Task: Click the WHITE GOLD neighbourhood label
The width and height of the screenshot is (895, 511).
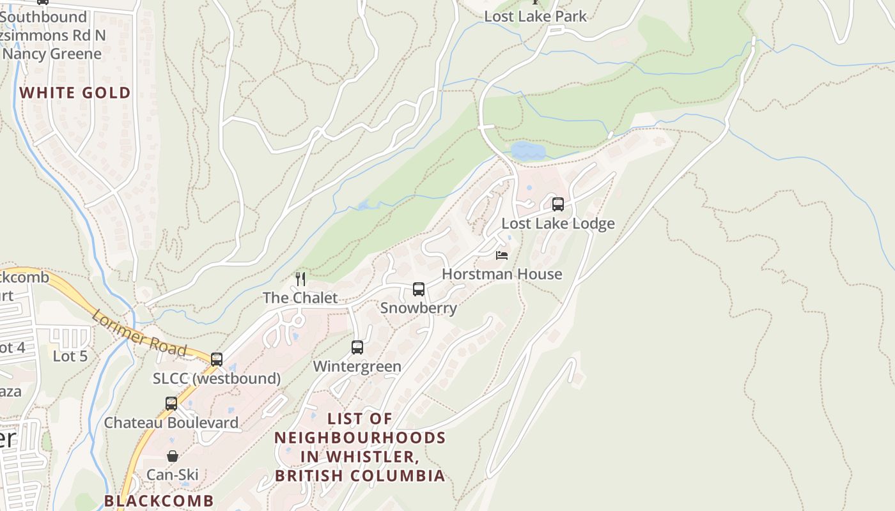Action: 75,93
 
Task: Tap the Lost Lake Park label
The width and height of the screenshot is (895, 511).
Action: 535,16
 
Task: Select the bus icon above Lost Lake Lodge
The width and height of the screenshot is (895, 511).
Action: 558,204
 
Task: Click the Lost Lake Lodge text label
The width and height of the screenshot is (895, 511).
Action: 558,224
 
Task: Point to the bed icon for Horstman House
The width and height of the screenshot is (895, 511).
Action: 502,256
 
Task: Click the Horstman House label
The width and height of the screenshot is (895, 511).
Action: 502,274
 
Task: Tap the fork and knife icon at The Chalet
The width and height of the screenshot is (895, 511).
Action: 300,279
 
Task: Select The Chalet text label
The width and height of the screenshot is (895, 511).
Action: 300,298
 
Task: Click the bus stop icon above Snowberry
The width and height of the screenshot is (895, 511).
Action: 419,289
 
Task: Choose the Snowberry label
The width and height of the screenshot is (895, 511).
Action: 419,308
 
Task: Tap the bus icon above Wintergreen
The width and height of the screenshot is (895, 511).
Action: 357,347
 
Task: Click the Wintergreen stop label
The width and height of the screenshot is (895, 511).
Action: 357,367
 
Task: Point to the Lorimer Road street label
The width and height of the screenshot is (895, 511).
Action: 139,334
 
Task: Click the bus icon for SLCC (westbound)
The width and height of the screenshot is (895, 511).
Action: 217,360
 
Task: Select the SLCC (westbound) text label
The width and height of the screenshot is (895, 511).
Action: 217,379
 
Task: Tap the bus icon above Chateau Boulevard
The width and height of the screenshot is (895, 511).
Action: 171,404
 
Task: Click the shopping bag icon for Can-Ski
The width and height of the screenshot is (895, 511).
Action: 173,456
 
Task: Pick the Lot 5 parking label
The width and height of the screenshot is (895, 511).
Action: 70,356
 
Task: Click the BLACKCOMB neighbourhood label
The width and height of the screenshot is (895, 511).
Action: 159,500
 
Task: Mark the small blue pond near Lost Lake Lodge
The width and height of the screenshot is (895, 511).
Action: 528,151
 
